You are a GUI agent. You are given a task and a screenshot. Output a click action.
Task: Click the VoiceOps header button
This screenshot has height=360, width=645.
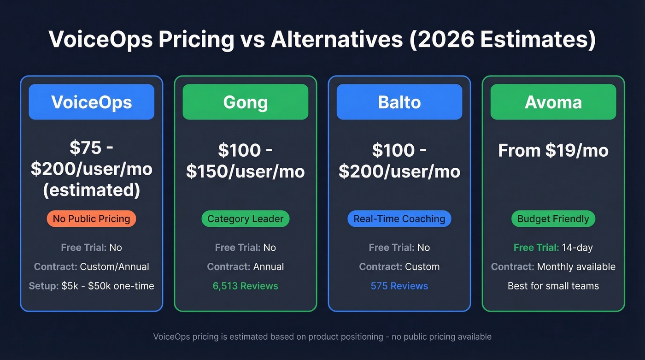click(x=91, y=102)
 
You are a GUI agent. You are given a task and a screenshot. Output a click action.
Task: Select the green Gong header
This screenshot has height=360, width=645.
click(x=245, y=102)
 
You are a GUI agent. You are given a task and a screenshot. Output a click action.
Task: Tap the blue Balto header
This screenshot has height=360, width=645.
click(x=399, y=102)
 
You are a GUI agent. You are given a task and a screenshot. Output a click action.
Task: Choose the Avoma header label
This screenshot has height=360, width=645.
click(x=553, y=102)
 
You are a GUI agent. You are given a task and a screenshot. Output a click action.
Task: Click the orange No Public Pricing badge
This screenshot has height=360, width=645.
click(x=91, y=218)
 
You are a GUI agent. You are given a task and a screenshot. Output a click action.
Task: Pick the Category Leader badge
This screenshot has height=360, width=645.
click(x=245, y=218)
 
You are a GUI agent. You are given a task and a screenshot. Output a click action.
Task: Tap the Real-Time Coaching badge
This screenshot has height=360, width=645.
click(x=399, y=218)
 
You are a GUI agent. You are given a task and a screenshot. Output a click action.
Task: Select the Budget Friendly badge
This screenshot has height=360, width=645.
click(x=553, y=218)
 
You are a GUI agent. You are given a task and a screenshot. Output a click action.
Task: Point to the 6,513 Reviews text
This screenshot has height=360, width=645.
click(x=245, y=286)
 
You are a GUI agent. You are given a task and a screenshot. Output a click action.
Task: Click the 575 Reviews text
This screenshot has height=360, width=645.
click(x=399, y=286)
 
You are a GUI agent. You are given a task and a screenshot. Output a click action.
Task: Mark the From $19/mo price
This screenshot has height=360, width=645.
click(x=553, y=150)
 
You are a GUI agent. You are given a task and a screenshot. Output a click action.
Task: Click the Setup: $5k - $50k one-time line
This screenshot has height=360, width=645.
click(x=91, y=286)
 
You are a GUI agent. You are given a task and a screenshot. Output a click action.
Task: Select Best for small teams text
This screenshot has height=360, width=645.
click(x=553, y=286)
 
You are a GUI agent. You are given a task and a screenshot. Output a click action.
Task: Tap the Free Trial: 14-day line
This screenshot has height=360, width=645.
click(x=553, y=248)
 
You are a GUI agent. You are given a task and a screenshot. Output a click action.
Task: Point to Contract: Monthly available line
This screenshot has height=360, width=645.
click(x=553, y=266)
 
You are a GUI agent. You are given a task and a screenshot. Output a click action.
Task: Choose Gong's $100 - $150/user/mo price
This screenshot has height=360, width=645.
click(x=245, y=160)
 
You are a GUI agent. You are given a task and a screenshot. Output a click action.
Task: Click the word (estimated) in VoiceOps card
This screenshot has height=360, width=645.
click(x=91, y=190)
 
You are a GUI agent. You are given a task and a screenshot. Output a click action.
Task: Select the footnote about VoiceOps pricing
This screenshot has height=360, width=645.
click(x=322, y=336)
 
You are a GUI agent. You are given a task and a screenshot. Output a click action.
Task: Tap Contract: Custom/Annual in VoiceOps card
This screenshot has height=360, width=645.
click(x=91, y=266)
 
